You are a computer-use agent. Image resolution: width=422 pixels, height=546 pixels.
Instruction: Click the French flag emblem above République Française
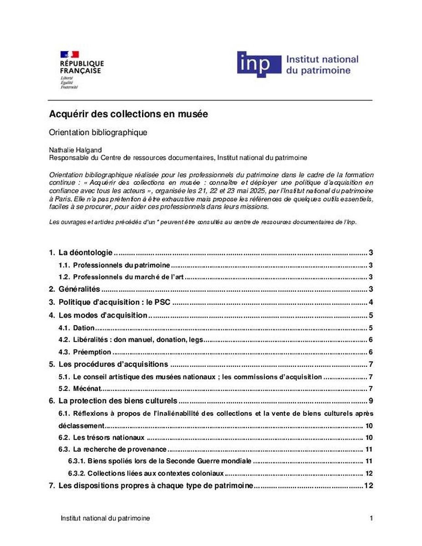70,55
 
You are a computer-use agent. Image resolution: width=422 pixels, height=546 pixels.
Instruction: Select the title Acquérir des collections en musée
128,115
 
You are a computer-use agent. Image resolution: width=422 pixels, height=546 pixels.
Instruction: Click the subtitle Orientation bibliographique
98,133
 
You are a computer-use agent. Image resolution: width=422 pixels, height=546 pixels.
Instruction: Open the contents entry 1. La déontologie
85,253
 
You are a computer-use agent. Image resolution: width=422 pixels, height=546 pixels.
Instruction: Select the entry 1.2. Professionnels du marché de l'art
128,277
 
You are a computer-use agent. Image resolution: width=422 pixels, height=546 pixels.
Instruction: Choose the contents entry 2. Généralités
79,289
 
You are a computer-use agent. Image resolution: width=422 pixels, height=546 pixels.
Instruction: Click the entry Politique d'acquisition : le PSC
114,303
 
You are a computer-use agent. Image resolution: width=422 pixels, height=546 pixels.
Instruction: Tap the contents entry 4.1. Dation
84,328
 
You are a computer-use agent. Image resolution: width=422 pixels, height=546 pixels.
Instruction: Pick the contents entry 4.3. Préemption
92,352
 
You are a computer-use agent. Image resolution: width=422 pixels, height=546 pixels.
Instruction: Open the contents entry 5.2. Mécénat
86,389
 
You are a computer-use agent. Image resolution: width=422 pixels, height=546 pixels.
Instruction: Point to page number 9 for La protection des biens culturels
371,401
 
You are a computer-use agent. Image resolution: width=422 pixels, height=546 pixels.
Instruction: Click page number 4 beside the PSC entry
371,303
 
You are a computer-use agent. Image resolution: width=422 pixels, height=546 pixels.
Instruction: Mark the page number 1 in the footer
371,518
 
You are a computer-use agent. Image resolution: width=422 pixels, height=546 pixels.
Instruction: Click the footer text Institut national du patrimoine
105,518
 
